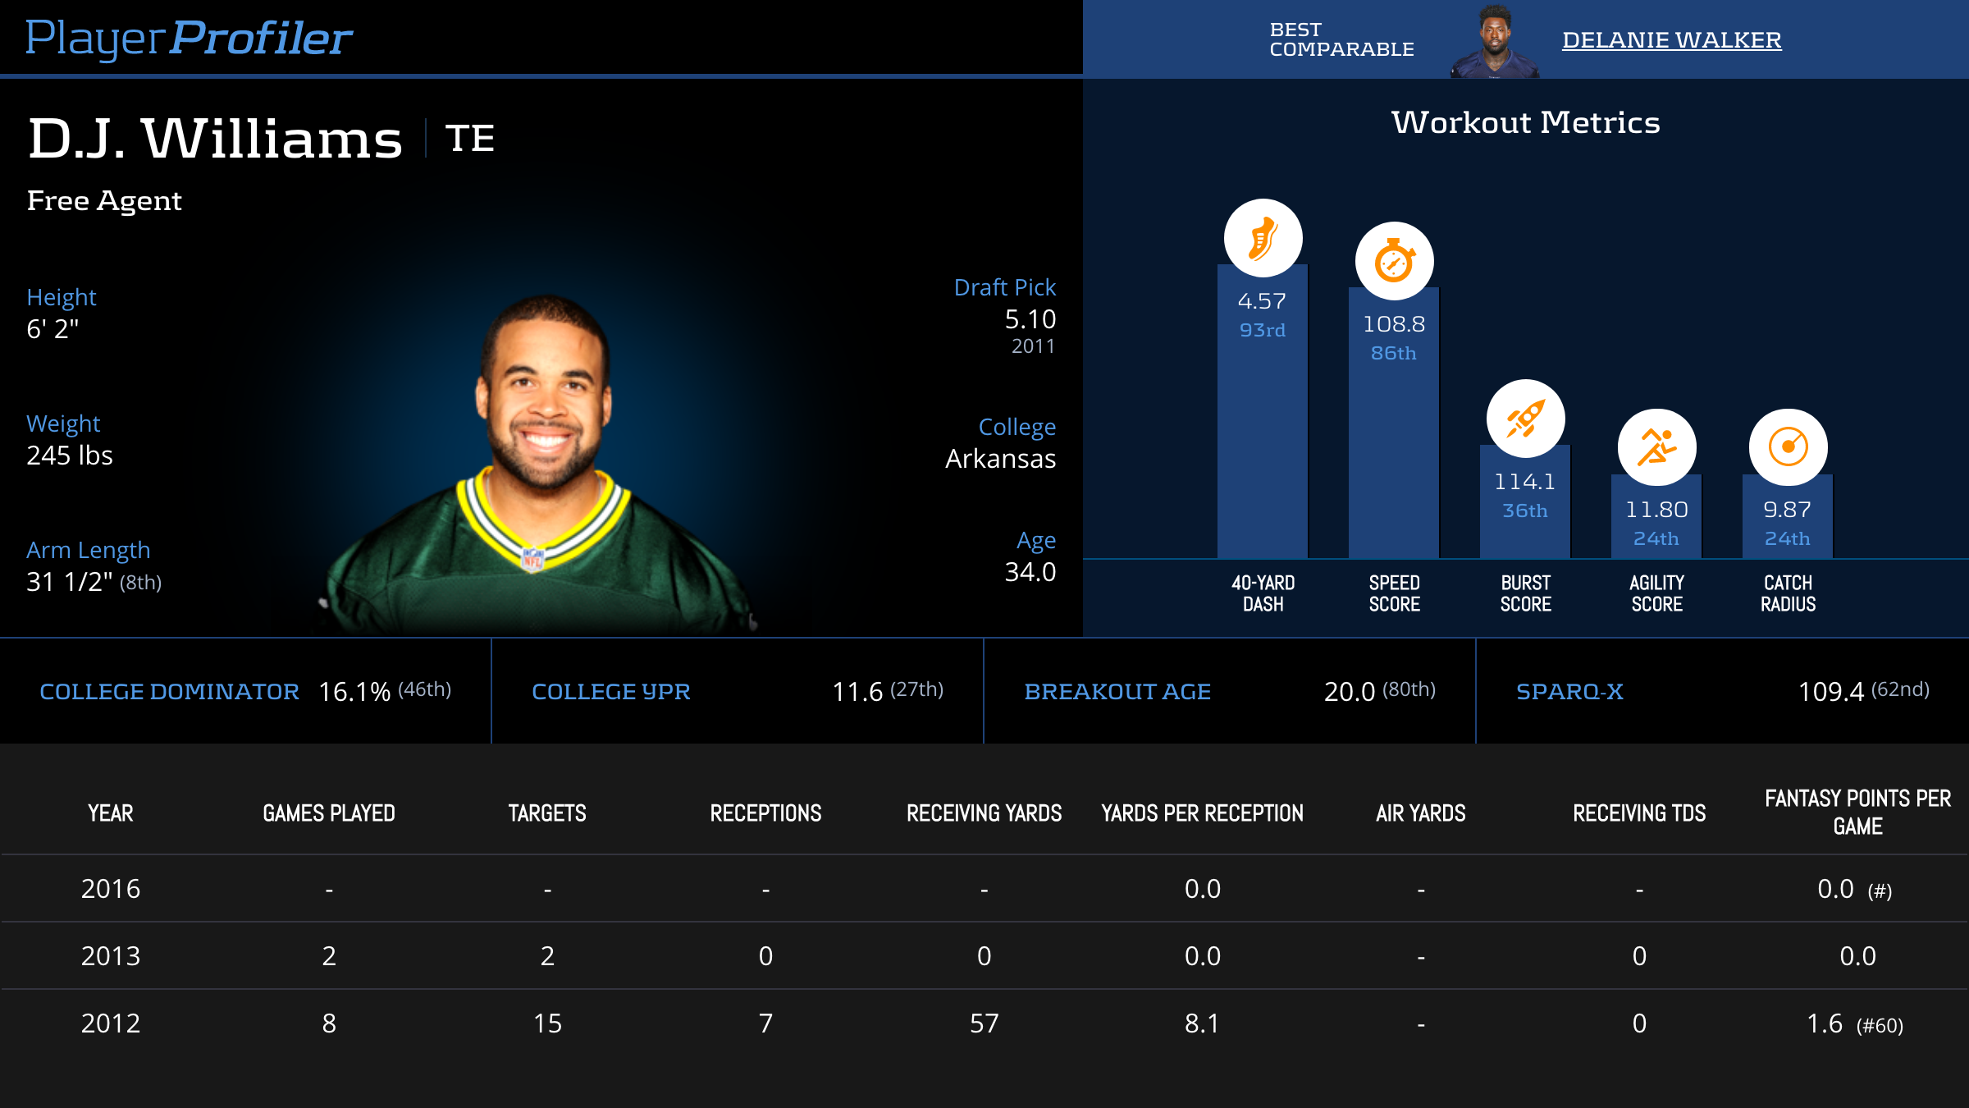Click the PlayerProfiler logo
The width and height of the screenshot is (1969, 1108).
(x=189, y=38)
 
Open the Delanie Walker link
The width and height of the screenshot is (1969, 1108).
(x=1671, y=39)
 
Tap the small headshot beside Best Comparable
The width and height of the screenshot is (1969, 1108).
(x=1495, y=41)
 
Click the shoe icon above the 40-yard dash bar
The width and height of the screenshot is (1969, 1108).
(x=1263, y=238)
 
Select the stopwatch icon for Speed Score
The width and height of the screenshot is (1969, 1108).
(x=1394, y=261)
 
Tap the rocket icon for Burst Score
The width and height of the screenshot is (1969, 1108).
(x=1525, y=419)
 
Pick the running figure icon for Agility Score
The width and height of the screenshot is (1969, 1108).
(x=1656, y=447)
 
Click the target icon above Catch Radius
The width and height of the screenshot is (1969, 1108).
(x=1788, y=447)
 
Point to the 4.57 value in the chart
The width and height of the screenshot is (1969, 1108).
(x=1262, y=301)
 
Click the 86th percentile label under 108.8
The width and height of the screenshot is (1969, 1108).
(x=1393, y=353)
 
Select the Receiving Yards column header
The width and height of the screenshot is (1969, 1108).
(x=984, y=813)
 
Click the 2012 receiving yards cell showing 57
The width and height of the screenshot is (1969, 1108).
(x=984, y=1023)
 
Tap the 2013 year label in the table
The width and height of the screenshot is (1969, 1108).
(x=111, y=956)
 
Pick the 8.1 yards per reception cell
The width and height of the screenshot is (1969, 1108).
(x=1202, y=1023)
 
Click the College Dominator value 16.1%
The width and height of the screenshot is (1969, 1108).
(x=354, y=692)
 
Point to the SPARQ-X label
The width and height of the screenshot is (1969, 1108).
(x=1569, y=692)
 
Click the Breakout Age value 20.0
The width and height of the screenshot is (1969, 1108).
(x=1349, y=692)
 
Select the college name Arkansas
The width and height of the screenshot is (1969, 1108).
(x=1000, y=458)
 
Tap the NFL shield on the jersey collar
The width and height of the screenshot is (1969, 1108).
(x=532, y=559)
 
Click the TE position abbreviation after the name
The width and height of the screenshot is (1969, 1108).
(x=470, y=138)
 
